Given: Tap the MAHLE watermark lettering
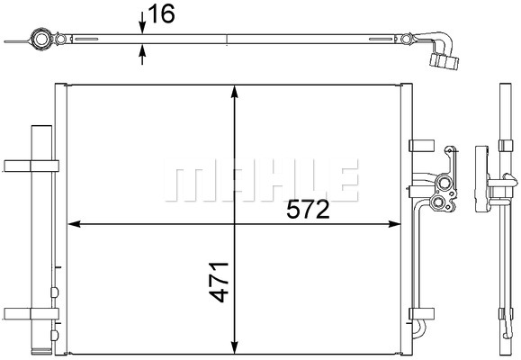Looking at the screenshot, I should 264,180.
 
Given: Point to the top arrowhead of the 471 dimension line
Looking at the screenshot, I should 235,91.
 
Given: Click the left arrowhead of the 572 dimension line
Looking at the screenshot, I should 75,223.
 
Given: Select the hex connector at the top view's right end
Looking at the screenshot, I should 445,60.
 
